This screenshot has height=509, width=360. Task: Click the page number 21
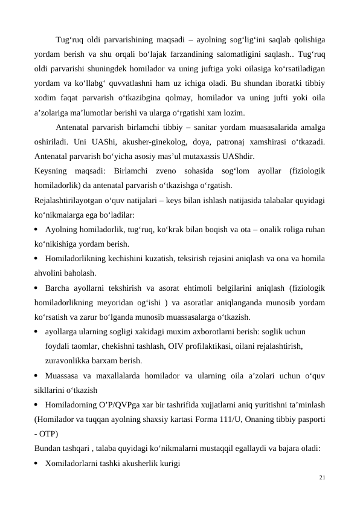coord(322,478)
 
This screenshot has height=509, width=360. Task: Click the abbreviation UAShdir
coord(236,157)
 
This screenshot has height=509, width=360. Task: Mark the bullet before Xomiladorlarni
coord(37,463)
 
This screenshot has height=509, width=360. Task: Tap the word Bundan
coord(48,448)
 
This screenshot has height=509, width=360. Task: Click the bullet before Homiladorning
coord(37,404)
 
